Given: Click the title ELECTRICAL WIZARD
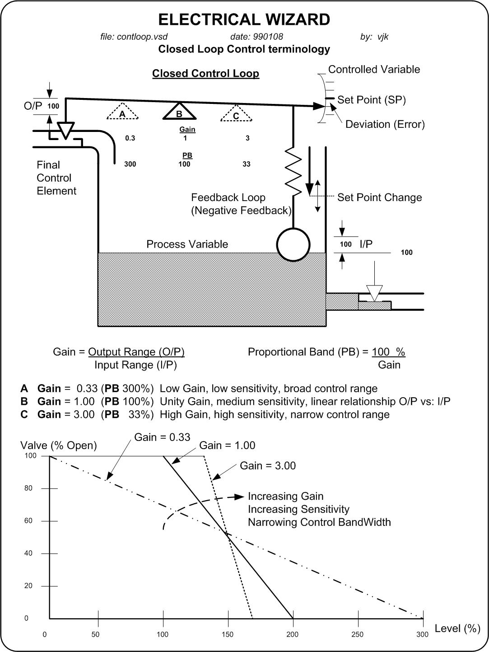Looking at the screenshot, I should pyautogui.click(x=244, y=20).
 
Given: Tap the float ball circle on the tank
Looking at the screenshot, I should pyautogui.click(x=293, y=244).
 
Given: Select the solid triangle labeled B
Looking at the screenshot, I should pyautogui.click(x=179, y=112).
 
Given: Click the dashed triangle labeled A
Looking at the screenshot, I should pyautogui.click(x=122, y=113).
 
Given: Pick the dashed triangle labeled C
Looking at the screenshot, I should pyautogui.click(x=236, y=114).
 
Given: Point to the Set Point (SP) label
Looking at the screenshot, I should pyautogui.click(x=371, y=100).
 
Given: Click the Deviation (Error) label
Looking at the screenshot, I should pyautogui.click(x=385, y=124).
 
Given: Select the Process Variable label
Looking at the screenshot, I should pyautogui.click(x=187, y=244).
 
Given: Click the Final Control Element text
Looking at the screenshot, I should pyautogui.click(x=56, y=178).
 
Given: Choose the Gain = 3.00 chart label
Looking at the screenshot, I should pyautogui.click(x=268, y=466).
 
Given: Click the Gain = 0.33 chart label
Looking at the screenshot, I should pyautogui.click(x=162, y=437).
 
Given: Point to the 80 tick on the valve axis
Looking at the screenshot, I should pyautogui.click(x=28, y=488).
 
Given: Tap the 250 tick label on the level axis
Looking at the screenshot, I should pyautogui.click(x=357, y=634).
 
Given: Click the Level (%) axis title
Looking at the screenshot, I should pyautogui.click(x=457, y=629).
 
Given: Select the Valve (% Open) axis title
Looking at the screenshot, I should pyautogui.click(x=59, y=446).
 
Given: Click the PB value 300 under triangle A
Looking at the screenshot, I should pyautogui.click(x=130, y=164).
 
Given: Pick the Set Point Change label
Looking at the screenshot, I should pyautogui.click(x=379, y=197).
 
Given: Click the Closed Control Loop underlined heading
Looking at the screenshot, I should pyautogui.click(x=205, y=74).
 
